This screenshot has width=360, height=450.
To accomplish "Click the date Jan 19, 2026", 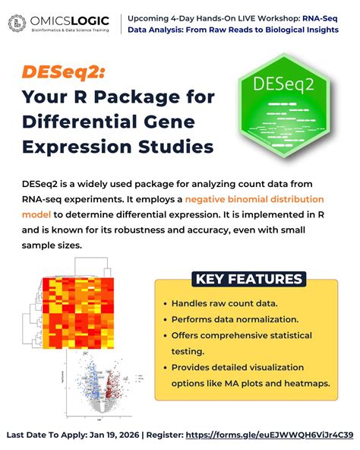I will click(113, 435).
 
